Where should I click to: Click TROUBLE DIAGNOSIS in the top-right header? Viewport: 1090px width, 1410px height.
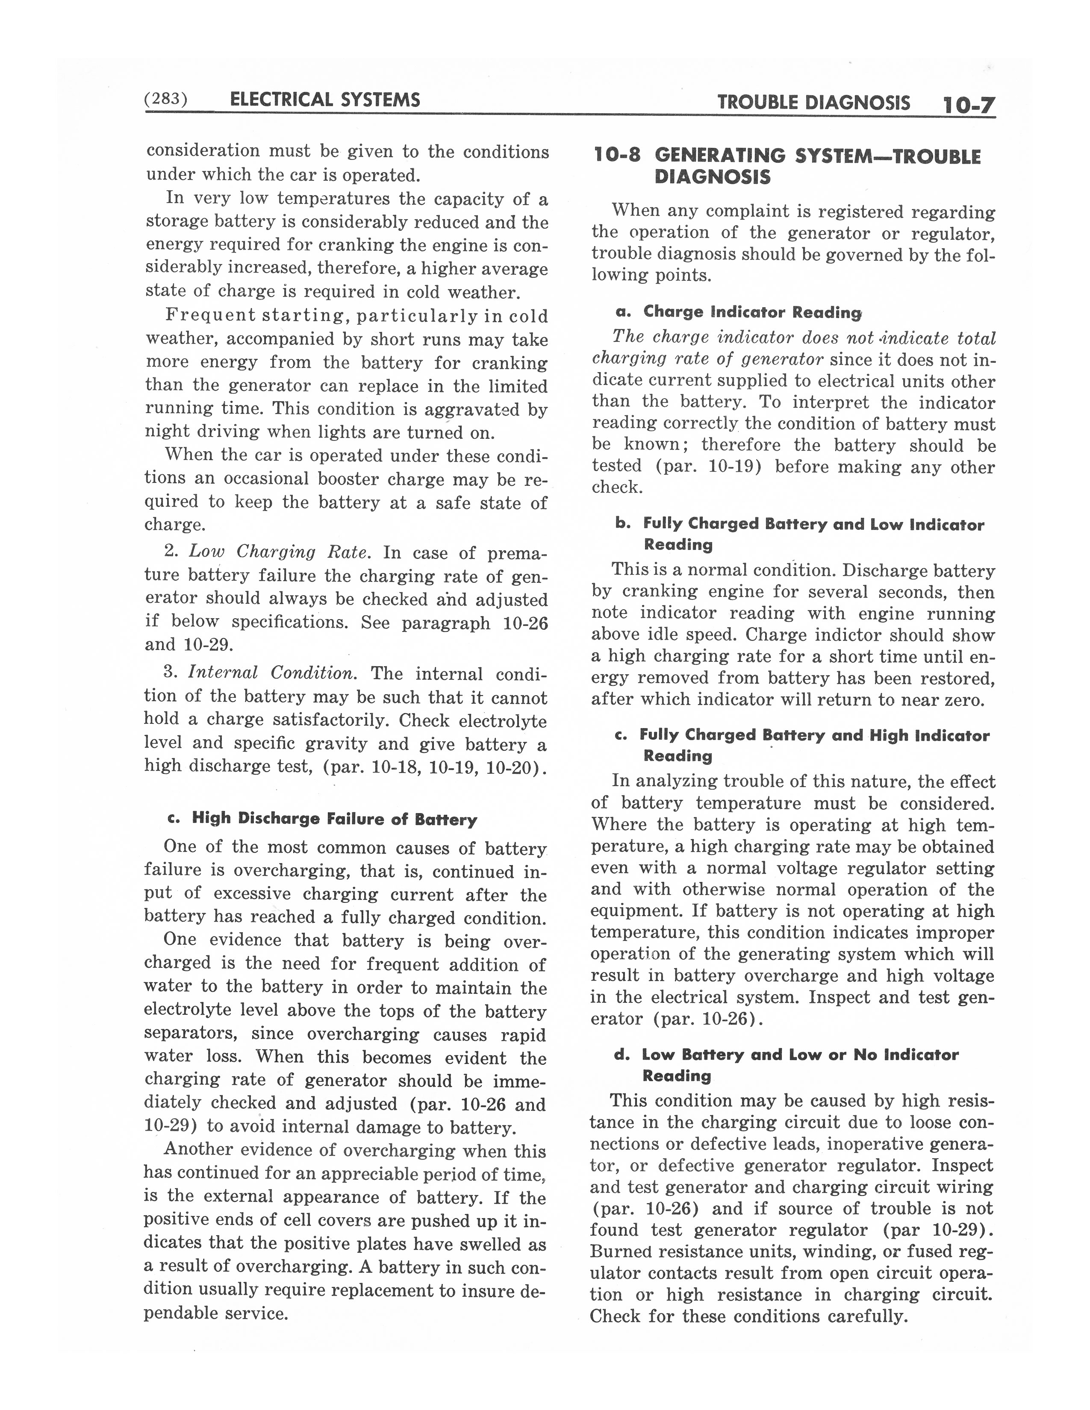click(813, 103)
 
